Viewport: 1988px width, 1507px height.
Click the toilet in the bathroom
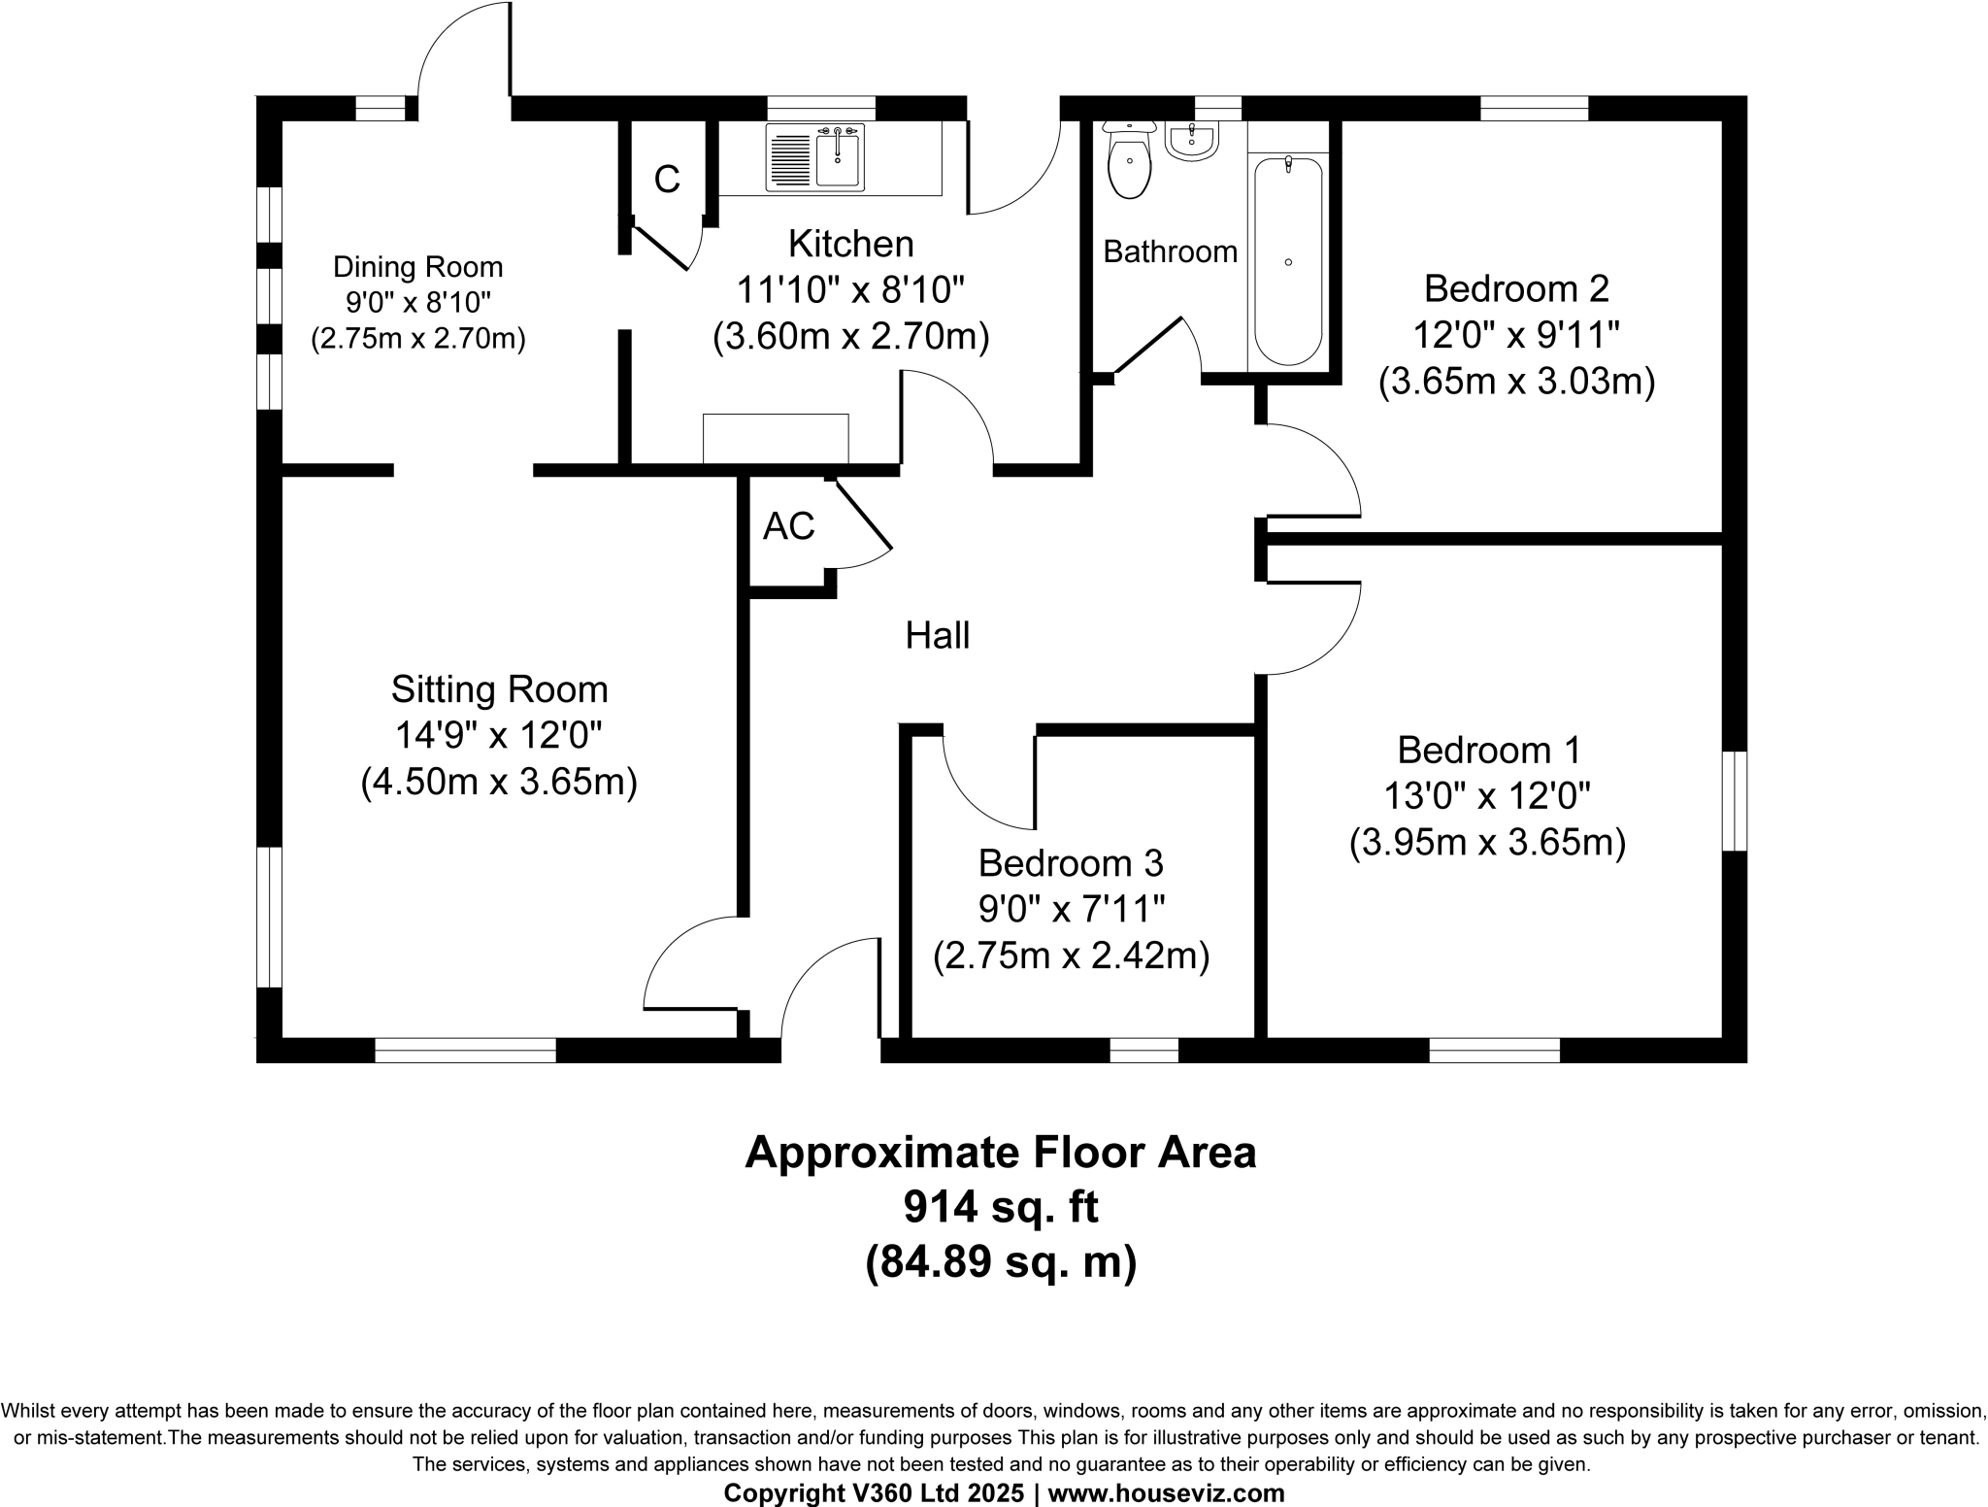[1129, 165]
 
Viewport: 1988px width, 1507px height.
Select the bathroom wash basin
[1191, 142]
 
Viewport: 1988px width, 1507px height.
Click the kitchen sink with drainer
[815, 157]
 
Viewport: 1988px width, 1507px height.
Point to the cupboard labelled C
[667, 180]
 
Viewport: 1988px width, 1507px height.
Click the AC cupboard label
[788, 526]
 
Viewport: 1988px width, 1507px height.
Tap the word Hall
[937, 636]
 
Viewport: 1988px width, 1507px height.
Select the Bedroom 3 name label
[1070, 862]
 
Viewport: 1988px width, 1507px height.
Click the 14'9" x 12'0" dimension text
[498, 735]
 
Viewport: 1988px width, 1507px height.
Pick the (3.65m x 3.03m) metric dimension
[1516, 382]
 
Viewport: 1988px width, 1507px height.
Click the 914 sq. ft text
[1000, 1207]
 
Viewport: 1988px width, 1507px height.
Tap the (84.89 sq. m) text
[1000, 1262]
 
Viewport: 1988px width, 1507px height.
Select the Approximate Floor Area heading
[1000, 1153]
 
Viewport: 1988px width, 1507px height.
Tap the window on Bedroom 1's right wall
[1735, 801]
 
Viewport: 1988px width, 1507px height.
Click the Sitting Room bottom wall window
[465, 1050]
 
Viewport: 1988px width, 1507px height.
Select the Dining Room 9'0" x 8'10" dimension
[417, 303]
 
